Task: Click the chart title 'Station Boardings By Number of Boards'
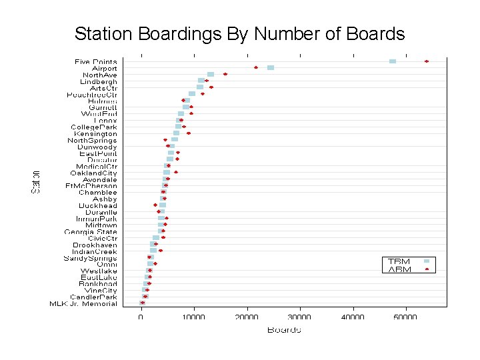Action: click(x=239, y=34)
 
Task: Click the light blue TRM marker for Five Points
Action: click(x=393, y=61)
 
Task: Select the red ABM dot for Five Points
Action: click(x=427, y=61)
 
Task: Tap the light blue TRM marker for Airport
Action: click(x=271, y=68)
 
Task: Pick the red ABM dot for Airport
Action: click(x=256, y=68)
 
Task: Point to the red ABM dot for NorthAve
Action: click(x=225, y=74)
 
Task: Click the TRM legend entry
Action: click(x=400, y=261)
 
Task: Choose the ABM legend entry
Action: click(x=400, y=270)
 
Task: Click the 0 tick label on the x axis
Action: click(x=141, y=317)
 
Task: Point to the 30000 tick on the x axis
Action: click(x=300, y=317)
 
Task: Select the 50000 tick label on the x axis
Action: click(x=406, y=317)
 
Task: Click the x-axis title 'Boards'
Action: click(x=284, y=329)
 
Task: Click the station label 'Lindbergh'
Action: click(x=99, y=81)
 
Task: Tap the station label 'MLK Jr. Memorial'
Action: click(x=83, y=304)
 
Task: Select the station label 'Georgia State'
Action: click(x=91, y=232)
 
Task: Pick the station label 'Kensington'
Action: click(x=95, y=134)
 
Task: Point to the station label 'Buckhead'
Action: click(x=98, y=206)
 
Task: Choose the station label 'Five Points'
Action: click(x=96, y=62)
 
